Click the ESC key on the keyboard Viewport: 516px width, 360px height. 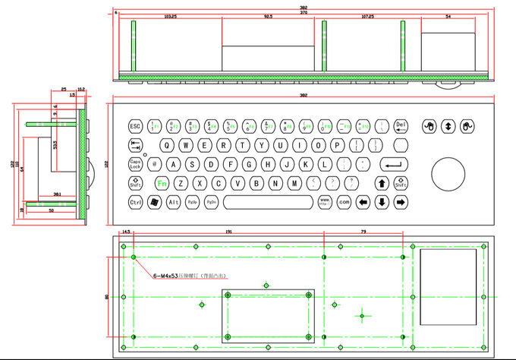135,126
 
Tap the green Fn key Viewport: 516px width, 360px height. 162,183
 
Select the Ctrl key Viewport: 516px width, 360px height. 136,202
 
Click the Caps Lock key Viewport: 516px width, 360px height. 136,163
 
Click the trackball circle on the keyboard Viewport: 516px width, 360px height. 447,174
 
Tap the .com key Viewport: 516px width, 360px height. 344,202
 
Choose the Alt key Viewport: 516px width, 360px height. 174,202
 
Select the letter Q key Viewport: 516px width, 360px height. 167,145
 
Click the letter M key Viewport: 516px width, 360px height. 294,183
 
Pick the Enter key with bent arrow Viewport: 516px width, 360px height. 392,163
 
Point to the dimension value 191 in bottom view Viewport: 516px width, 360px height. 228,232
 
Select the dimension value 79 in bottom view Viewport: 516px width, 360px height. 363,232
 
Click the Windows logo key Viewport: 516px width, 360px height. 155,202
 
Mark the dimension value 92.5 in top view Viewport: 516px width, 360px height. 269,16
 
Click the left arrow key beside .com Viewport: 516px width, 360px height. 363,202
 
